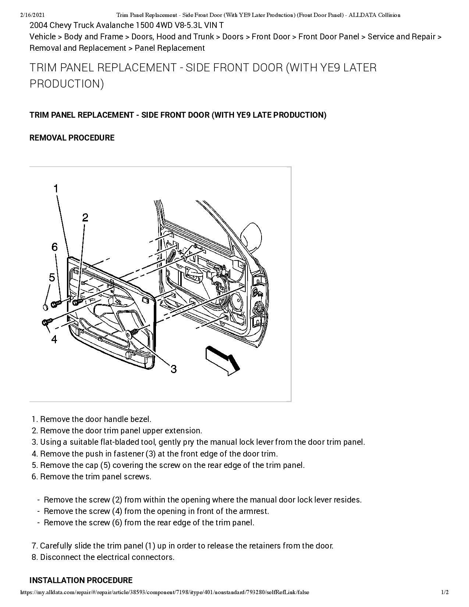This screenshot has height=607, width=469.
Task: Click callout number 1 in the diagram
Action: coord(56,189)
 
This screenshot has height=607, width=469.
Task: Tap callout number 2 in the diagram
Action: coord(85,217)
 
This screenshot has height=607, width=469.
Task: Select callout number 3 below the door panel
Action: coord(173,369)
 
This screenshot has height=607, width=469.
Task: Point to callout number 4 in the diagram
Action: coord(54,339)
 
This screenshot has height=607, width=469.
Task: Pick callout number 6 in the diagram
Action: coord(54,247)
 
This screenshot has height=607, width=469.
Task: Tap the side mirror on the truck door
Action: coord(252,236)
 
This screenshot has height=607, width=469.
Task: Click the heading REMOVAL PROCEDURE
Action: coord(72,138)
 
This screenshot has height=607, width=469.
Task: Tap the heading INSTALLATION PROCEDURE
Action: coord(81,580)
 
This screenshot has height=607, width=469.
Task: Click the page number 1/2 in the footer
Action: coord(445,592)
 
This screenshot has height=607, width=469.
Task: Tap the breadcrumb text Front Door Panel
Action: coord(328,37)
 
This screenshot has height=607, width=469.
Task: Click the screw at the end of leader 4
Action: coord(46,322)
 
